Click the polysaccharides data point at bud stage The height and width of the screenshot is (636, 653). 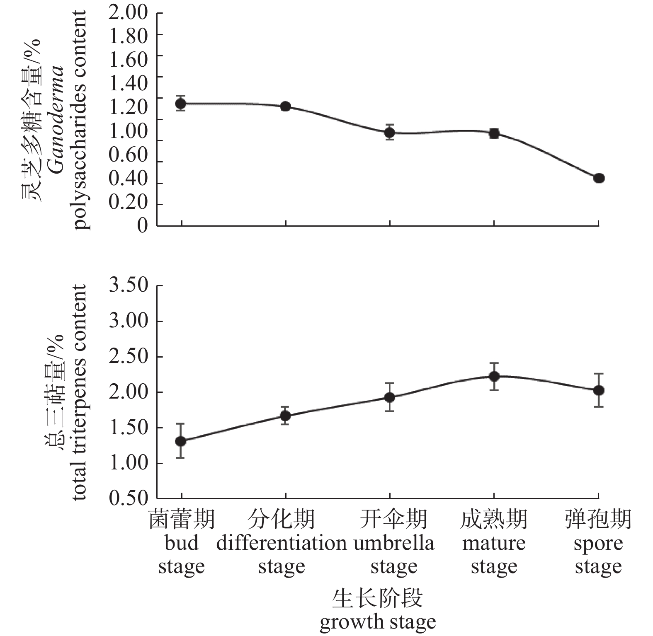[x=181, y=103]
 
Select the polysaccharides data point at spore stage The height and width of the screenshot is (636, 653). [x=599, y=178]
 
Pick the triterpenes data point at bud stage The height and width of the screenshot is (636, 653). [x=181, y=441]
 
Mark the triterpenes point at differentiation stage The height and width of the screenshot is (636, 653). [x=285, y=416]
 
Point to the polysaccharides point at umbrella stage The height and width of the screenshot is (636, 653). [x=389, y=133]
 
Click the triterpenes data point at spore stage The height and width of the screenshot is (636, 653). [x=599, y=390]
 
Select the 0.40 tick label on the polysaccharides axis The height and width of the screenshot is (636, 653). [x=128, y=179]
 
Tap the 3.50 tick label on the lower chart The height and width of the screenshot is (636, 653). [x=128, y=285]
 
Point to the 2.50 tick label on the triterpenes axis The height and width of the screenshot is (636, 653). [x=128, y=357]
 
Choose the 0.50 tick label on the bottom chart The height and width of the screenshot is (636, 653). [x=128, y=498]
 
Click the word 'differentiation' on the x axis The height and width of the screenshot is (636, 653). [x=282, y=543]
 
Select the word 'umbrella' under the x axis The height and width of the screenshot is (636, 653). [x=394, y=543]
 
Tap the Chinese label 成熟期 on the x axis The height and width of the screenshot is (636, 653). [x=494, y=519]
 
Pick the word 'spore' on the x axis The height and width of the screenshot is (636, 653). [x=598, y=544]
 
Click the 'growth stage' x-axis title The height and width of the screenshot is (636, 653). [x=378, y=621]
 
